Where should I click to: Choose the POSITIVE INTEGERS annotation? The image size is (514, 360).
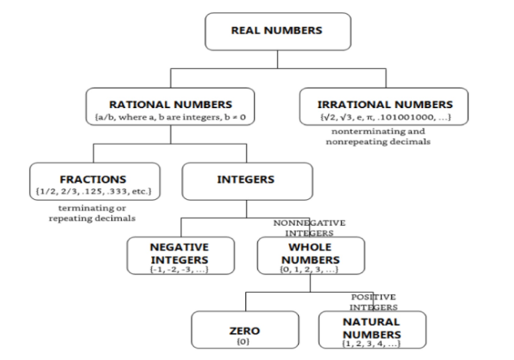tap(374, 302)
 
